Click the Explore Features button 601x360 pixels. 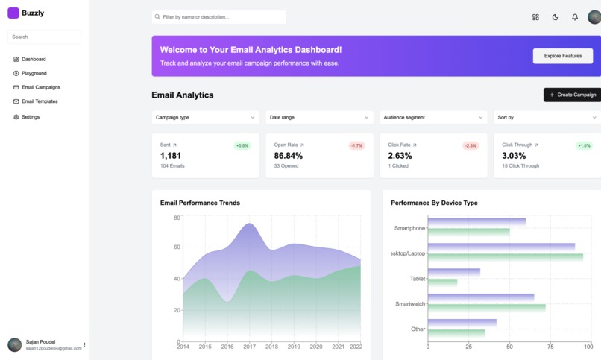coord(562,56)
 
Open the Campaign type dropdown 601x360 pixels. coord(205,117)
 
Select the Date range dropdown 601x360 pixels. coord(319,117)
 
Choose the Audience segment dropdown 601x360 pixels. coord(433,117)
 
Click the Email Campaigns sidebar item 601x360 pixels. coord(40,87)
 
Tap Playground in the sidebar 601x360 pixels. coord(34,73)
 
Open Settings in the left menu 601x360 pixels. coord(30,117)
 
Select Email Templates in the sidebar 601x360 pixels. coord(39,101)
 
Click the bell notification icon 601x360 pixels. coord(575,17)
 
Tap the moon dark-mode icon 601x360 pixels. coord(556,17)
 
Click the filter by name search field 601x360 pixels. coord(219,16)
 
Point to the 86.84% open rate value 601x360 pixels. coord(289,156)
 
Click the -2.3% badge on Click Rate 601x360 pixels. coord(471,145)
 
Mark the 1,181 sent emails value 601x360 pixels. coord(171,156)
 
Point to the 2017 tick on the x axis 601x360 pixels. coord(249,347)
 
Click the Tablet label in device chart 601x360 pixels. coord(418,279)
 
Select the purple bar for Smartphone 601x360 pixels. coord(477,221)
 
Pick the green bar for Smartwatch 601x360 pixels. coord(487,307)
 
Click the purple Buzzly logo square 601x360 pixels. coord(13,13)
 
